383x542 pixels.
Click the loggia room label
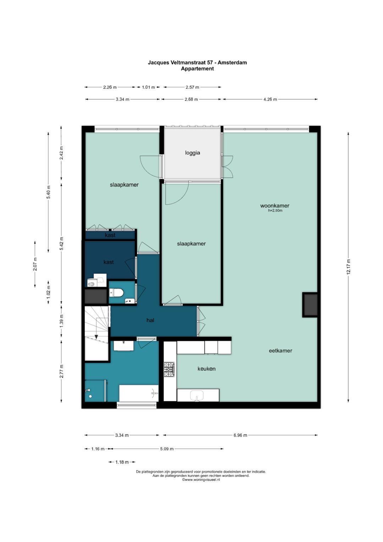click(193, 153)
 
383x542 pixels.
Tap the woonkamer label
click(275, 206)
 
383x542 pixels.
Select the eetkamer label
click(281, 350)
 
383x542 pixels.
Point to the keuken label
click(206, 368)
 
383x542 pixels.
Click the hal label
click(150, 320)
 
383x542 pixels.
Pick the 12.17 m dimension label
click(348, 267)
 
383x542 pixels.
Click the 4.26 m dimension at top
click(270, 99)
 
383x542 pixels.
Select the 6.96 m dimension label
click(240, 435)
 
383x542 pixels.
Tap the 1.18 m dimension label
click(122, 462)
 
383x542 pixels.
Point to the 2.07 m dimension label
click(35, 264)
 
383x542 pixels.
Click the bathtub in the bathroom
click(139, 393)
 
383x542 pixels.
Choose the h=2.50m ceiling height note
click(275, 210)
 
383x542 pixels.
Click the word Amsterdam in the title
click(232, 62)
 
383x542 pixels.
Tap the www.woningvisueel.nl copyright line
click(201, 480)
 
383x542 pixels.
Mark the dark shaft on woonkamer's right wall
click(310, 305)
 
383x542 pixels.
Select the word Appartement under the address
click(197, 69)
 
